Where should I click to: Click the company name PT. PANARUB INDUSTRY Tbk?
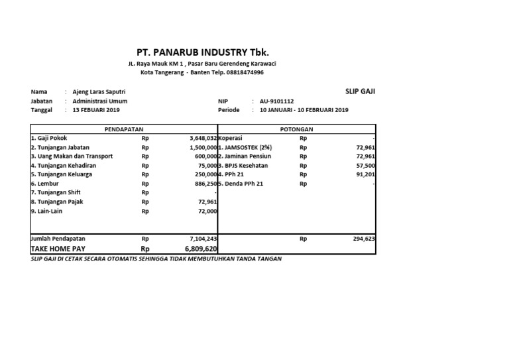[203, 52]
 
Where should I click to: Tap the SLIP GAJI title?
[361, 91]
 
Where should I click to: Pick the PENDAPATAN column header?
[124, 129]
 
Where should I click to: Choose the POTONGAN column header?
[296, 129]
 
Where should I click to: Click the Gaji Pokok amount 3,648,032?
[203, 138]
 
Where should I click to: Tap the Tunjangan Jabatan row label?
[60, 147]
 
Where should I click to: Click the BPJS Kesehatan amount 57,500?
[365, 165]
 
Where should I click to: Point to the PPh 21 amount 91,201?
[365, 174]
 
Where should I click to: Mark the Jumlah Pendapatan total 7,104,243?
[203, 237]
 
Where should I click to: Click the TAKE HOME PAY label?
[58, 248]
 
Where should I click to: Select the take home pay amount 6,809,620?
[201, 248]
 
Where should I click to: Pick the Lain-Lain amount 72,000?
[207, 211]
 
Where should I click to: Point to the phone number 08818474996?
[245, 72]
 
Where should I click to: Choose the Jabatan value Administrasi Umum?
[100, 101]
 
